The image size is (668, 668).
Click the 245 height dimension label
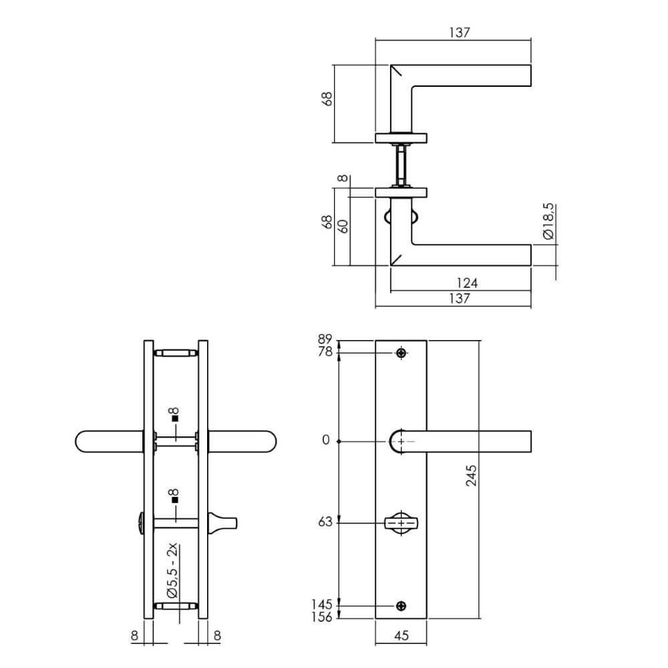click(471, 475)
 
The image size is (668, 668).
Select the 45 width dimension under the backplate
click(401, 636)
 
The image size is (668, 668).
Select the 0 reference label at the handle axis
click(326, 440)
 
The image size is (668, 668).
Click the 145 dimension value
click(321, 605)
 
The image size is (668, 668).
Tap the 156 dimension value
click(321, 618)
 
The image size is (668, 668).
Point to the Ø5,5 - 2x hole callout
click(173, 571)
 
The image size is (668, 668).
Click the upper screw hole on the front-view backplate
click(401, 353)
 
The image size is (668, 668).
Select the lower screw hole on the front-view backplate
click(401, 606)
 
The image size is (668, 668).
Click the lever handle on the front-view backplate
click(468, 441)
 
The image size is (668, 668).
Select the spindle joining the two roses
click(401, 166)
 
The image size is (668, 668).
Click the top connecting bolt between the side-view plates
click(176, 353)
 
